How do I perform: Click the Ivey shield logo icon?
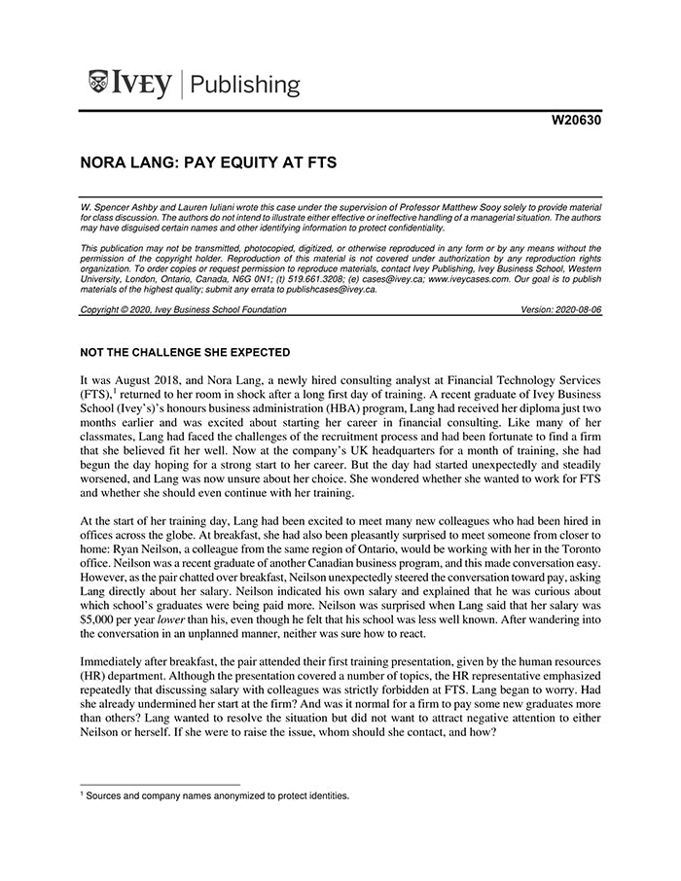97,83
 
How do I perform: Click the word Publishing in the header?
245,85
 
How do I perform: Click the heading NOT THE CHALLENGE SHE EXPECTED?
185,351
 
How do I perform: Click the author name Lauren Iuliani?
203,209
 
